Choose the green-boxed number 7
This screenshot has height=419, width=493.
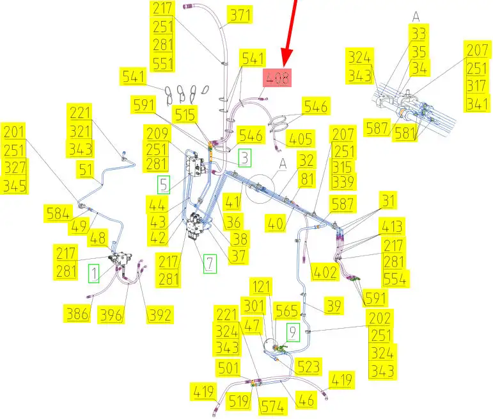coord(210,263)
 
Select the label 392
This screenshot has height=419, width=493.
coord(160,315)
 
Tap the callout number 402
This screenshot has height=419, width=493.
coord(324,271)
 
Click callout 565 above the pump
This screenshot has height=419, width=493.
coord(286,311)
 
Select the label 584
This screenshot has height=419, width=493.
coord(57,213)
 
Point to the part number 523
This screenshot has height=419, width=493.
coord(308,366)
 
